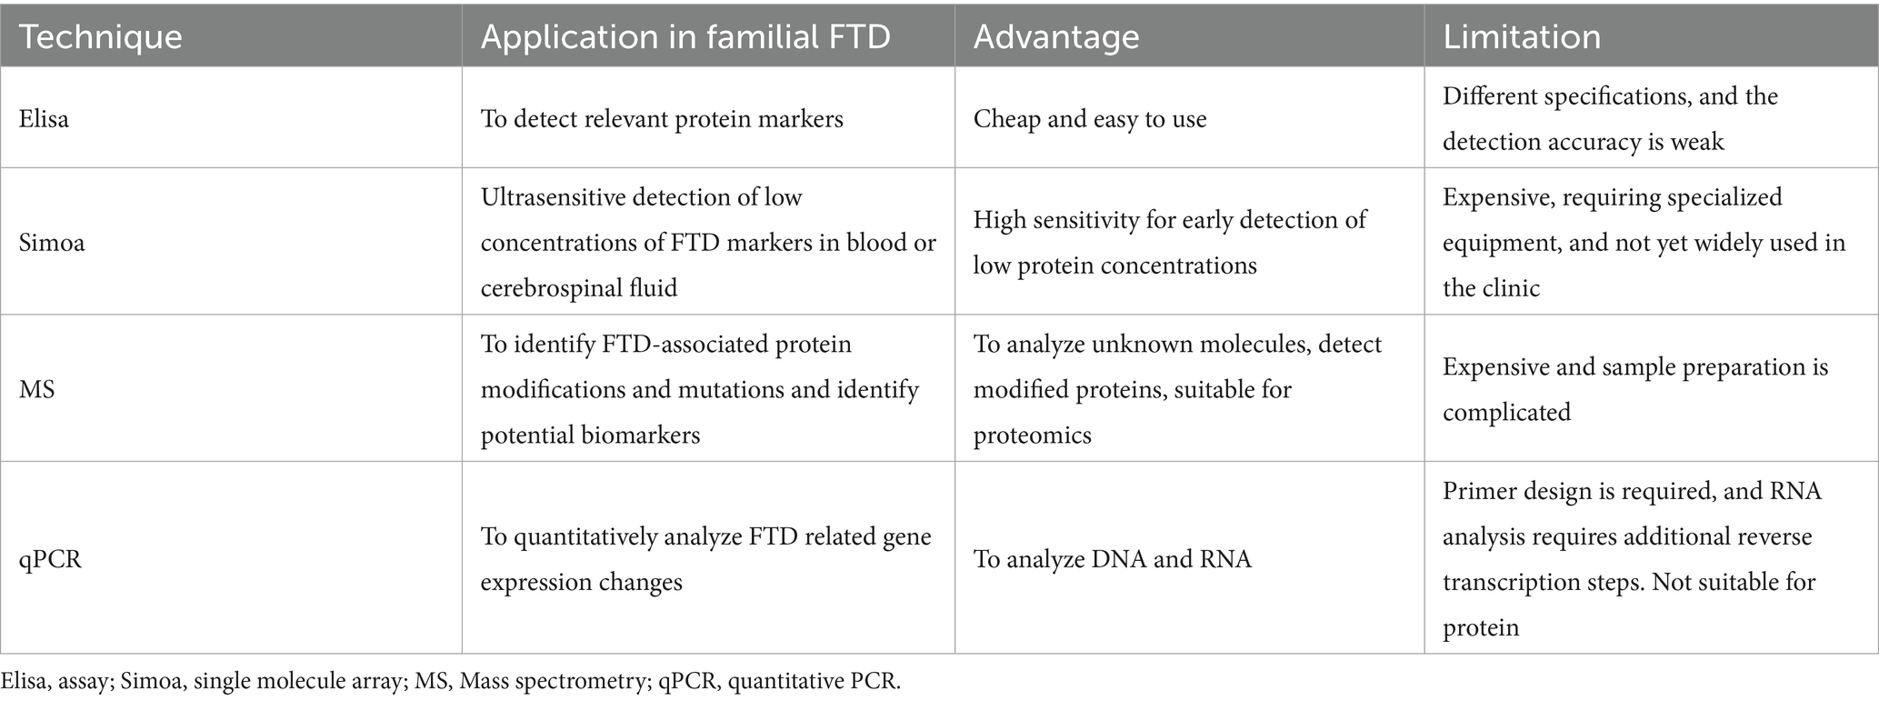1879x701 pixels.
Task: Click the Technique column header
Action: (x=101, y=36)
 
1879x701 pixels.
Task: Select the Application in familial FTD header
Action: (x=685, y=36)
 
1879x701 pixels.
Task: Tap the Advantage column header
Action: (x=1056, y=36)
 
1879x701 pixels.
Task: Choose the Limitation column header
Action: (x=1522, y=36)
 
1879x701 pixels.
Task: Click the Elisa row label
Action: (x=44, y=119)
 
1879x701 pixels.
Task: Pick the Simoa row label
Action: (x=52, y=244)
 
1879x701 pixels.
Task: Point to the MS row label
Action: (x=37, y=390)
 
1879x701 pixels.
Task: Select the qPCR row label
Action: (x=50, y=559)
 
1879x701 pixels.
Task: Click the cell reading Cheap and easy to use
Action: (x=1090, y=119)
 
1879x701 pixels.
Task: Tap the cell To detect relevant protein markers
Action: (x=662, y=119)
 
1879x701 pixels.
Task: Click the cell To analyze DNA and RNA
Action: (x=1112, y=559)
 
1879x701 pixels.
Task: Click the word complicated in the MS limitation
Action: (x=1506, y=413)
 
